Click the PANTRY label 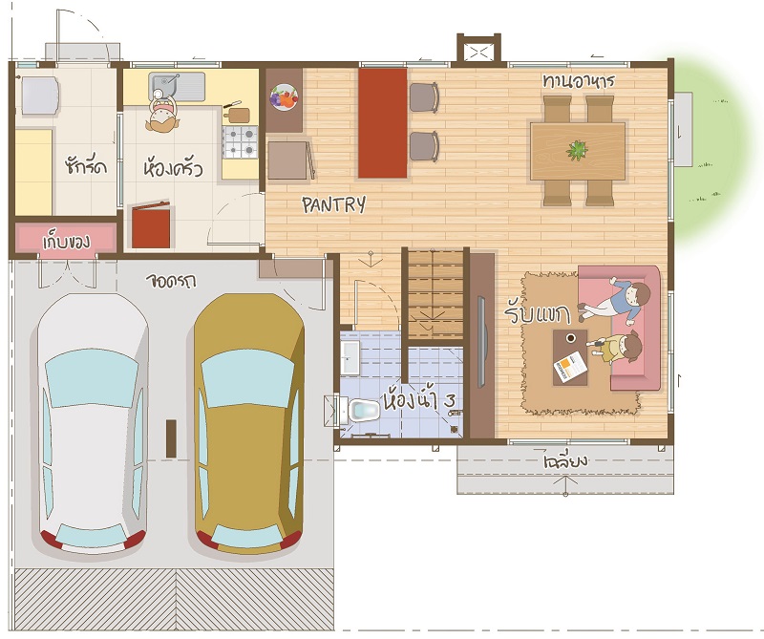pyautogui.click(x=333, y=204)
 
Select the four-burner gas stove pyautogui.click(x=240, y=141)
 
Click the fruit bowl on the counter pyautogui.click(x=284, y=96)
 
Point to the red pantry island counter pyautogui.click(x=383, y=123)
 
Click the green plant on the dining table pyautogui.click(x=577, y=150)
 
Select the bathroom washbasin pyautogui.click(x=350, y=357)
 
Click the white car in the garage pyautogui.click(x=92, y=423)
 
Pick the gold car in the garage pyautogui.click(x=248, y=423)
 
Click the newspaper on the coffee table pyautogui.click(x=570, y=367)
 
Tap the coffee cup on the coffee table pyautogui.click(x=570, y=338)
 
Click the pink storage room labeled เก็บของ pyautogui.click(x=66, y=239)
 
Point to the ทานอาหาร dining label pyautogui.click(x=579, y=80)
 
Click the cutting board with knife pyautogui.click(x=237, y=113)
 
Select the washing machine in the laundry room pyautogui.click(x=39, y=96)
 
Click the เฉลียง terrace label pyautogui.click(x=565, y=459)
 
